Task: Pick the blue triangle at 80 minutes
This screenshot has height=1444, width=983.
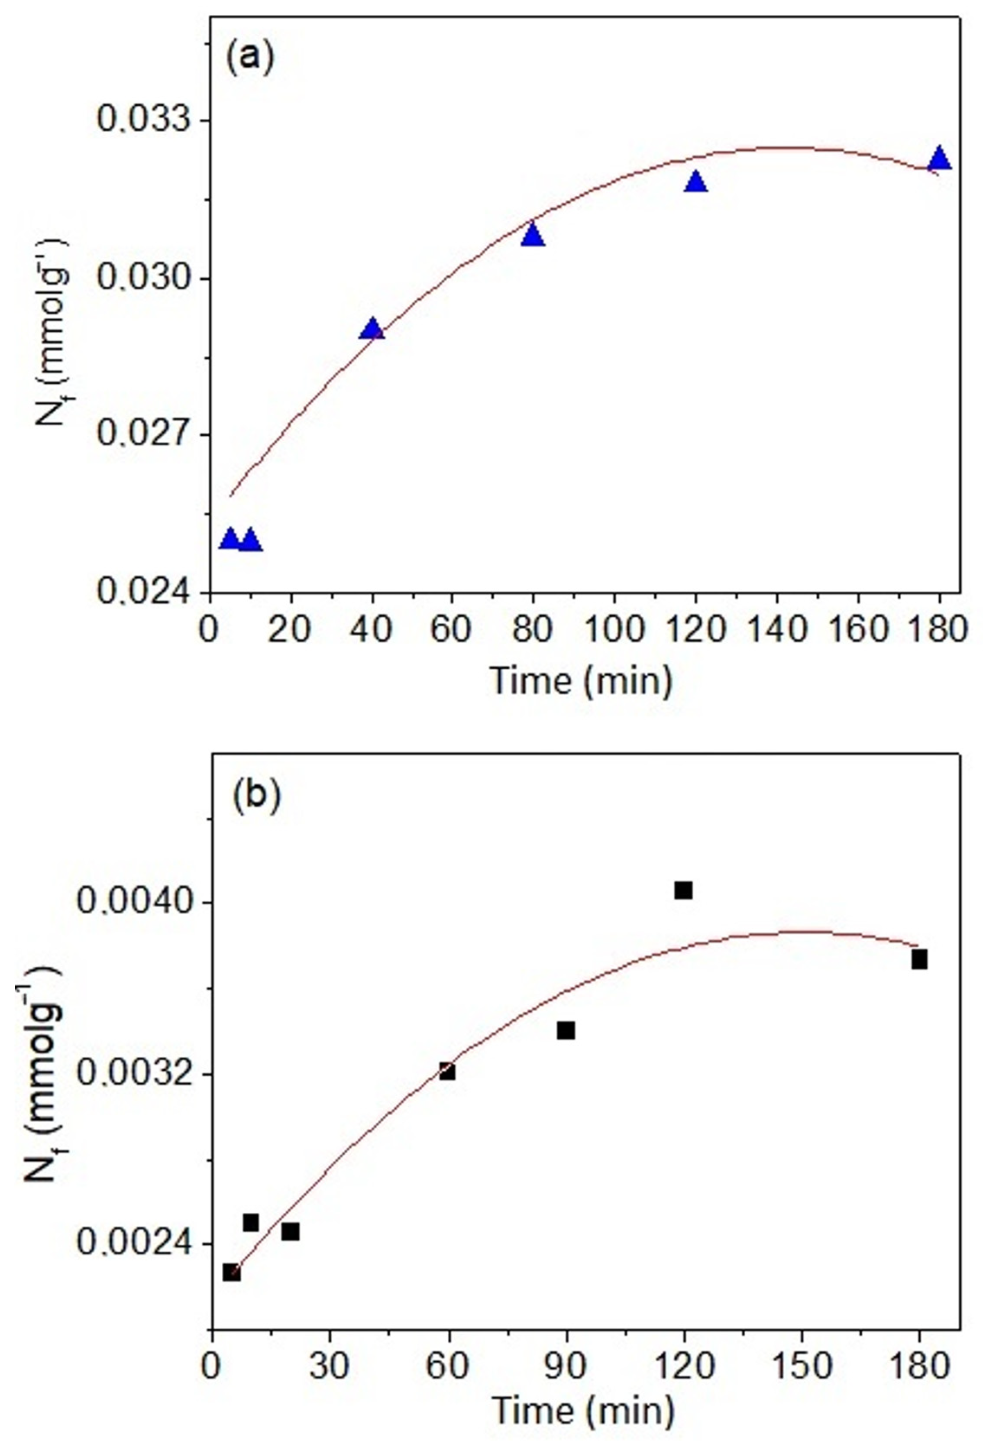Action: point(533,236)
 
